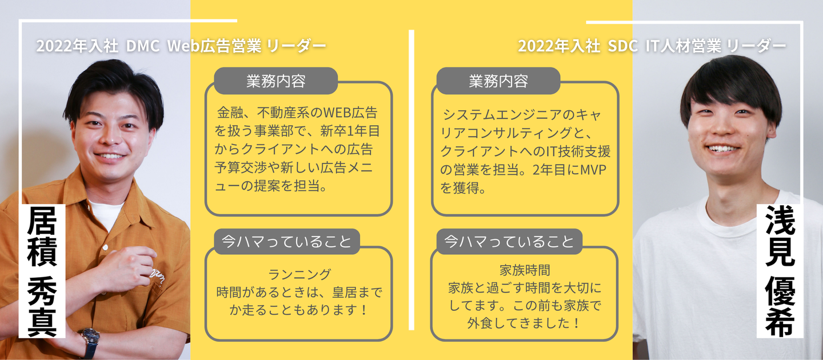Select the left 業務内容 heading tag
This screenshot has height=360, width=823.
[x=275, y=81]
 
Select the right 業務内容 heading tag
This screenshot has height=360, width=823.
[x=498, y=81]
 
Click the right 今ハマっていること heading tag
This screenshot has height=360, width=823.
[x=509, y=241]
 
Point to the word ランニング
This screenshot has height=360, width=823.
[x=299, y=275]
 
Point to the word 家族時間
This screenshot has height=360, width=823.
[x=524, y=270]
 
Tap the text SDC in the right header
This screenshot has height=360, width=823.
[x=620, y=46]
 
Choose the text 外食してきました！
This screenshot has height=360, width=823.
[x=524, y=323]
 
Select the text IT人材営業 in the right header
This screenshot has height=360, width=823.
[x=682, y=46]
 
